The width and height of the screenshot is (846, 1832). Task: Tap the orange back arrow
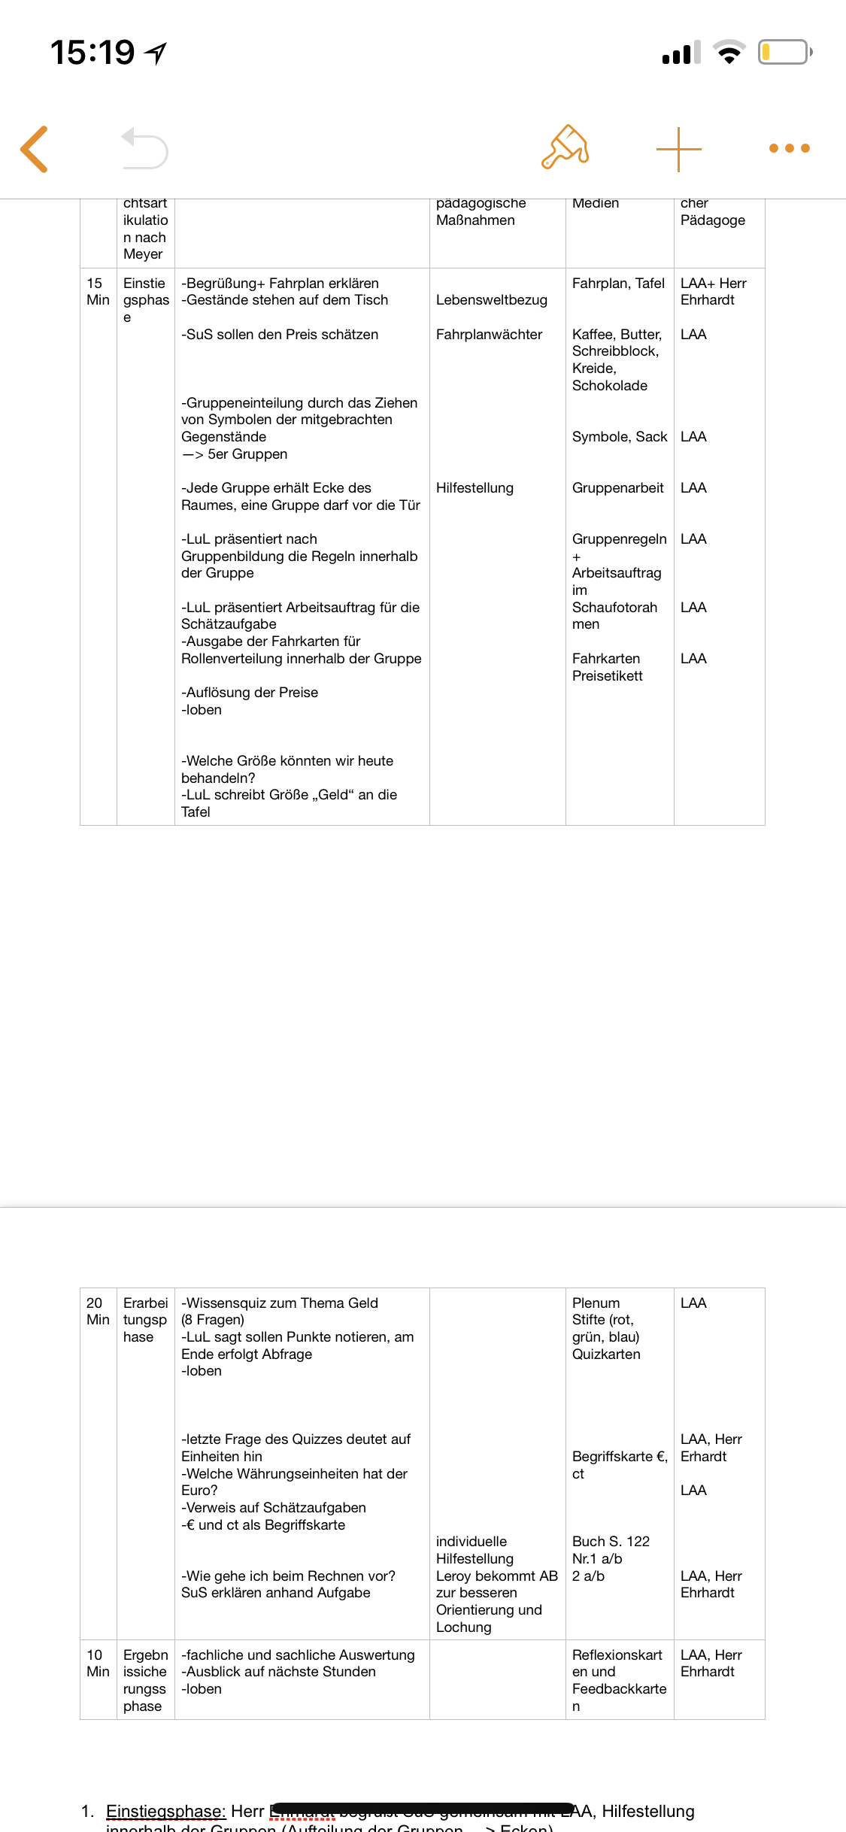click(35, 149)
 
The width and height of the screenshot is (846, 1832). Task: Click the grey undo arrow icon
click(144, 148)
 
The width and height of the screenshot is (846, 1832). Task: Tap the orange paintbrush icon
click(565, 147)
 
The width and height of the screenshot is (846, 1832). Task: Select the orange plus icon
click(678, 149)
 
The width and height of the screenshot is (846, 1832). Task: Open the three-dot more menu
click(789, 148)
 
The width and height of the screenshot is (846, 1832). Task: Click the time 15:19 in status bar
click(92, 53)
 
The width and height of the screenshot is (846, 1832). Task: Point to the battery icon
click(784, 53)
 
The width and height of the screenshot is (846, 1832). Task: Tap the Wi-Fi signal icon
click(728, 53)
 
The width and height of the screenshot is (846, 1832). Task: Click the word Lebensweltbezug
click(492, 300)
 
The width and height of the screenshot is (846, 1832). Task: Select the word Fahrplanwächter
click(489, 335)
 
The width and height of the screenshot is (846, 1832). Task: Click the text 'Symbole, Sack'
click(620, 437)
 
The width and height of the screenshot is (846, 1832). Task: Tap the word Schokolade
click(610, 386)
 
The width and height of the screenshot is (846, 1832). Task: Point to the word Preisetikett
click(608, 676)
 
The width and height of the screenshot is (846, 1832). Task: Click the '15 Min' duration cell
click(98, 292)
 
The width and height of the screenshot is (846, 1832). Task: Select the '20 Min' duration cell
click(98, 1312)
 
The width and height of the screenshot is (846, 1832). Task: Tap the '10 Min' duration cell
click(98, 1664)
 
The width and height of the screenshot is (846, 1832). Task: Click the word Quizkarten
click(606, 1354)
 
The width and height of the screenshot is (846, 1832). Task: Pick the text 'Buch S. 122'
click(611, 1542)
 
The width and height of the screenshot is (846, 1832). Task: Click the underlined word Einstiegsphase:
click(166, 1811)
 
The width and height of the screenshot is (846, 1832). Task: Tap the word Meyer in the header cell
click(143, 254)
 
